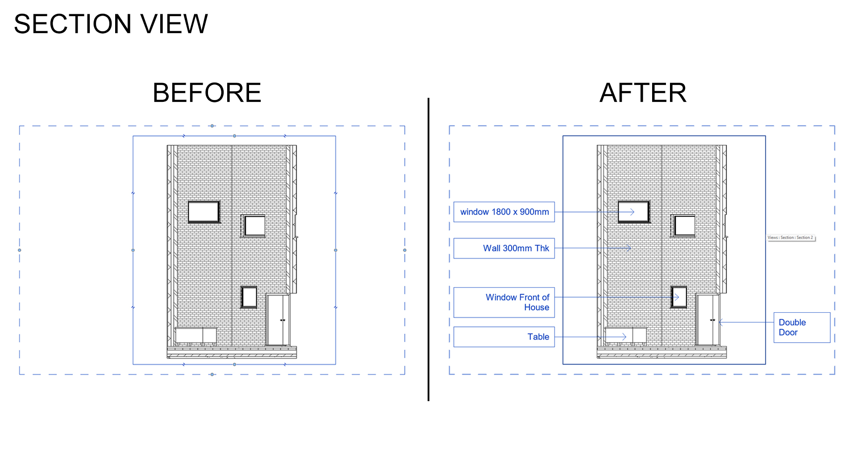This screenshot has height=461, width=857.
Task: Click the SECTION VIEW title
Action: (x=111, y=24)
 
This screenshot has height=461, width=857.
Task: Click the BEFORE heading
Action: (x=207, y=93)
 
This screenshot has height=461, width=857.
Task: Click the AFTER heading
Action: (x=643, y=93)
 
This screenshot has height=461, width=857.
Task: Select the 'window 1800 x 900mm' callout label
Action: (x=504, y=212)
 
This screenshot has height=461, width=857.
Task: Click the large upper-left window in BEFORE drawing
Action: (x=204, y=212)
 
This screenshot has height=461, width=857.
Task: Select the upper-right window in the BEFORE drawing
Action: (x=254, y=226)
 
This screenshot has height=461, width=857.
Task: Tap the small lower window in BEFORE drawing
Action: (x=249, y=297)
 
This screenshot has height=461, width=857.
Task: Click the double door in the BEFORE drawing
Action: (x=278, y=319)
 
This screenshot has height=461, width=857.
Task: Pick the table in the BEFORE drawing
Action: (x=196, y=335)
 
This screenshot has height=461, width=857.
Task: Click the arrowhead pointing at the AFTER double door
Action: (x=720, y=322)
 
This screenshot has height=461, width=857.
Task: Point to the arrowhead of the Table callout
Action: (x=625, y=337)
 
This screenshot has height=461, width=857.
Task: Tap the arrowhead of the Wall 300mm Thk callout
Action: (x=629, y=248)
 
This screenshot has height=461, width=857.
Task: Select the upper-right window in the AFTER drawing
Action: (x=684, y=226)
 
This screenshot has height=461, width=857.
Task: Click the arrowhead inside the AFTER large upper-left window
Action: (x=632, y=212)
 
